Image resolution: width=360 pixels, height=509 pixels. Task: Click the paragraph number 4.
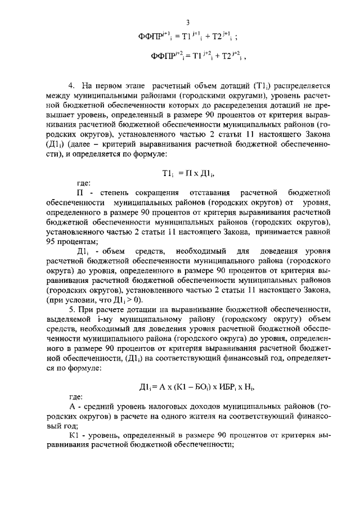pos(71,85)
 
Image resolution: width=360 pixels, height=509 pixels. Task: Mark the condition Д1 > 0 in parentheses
pos(120,300)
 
